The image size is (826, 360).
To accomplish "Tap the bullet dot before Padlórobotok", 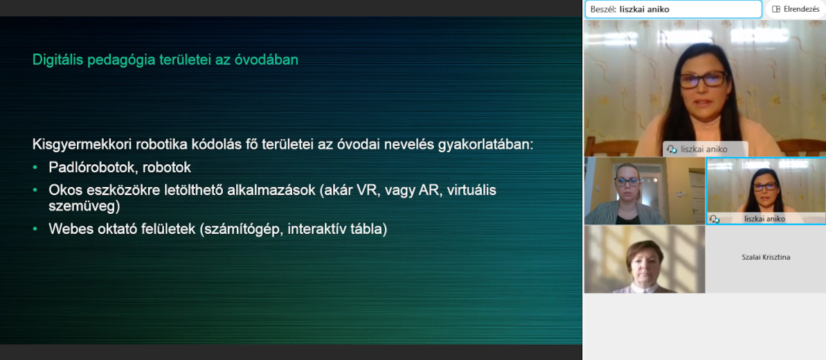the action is [x=35, y=168].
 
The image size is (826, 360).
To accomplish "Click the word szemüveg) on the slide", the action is [x=84, y=206].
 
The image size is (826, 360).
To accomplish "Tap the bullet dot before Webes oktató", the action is [x=35, y=229].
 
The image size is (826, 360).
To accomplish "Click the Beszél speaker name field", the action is [x=673, y=9].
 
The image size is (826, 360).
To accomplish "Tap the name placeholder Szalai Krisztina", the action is [x=766, y=258].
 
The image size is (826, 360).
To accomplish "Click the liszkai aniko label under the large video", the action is [x=703, y=149].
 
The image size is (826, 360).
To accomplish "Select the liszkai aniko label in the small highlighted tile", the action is [x=765, y=218].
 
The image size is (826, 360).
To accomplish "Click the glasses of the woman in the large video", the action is [x=702, y=80].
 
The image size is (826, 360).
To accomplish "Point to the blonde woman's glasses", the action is [x=627, y=182].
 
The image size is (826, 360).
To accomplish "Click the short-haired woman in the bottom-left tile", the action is [x=645, y=267].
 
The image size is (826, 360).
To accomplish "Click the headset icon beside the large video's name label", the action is [x=672, y=149].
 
